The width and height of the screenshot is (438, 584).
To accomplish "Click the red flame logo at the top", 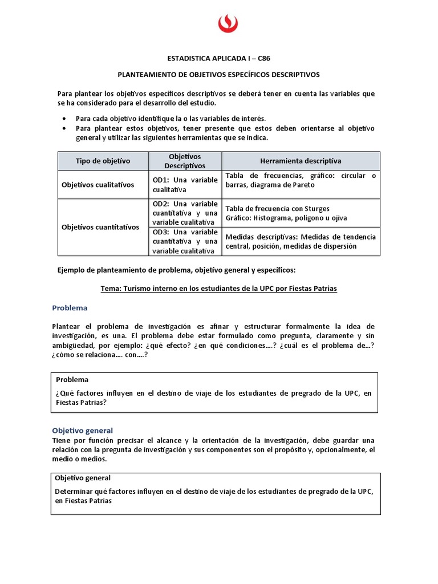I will [x=228, y=24].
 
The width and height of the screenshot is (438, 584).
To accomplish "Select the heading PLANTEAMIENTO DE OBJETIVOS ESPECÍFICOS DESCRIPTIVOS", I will [x=218, y=74].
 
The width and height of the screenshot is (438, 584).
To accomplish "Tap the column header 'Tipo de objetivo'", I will [x=103, y=161].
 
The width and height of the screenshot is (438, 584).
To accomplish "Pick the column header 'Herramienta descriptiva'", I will [x=301, y=161].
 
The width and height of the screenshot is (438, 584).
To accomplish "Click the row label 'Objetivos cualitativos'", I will [x=98, y=185].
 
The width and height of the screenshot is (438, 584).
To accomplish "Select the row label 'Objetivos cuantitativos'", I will [x=100, y=227].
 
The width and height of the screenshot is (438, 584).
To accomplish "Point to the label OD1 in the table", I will [x=160, y=180].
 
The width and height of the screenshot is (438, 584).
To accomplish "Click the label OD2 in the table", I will [x=160, y=204].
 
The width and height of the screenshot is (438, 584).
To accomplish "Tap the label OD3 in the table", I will [x=160, y=232].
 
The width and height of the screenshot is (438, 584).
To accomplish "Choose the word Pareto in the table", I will [x=302, y=185].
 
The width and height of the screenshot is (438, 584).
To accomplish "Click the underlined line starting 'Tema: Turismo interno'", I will [x=218, y=289].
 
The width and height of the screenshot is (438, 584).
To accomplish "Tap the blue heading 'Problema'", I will [x=70, y=308].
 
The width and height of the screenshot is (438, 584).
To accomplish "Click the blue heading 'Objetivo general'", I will [x=83, y=431].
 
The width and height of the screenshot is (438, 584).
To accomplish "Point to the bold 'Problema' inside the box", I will [x=72, y=379].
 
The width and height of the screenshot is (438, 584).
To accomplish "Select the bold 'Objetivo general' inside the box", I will [x=83, y=478].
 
